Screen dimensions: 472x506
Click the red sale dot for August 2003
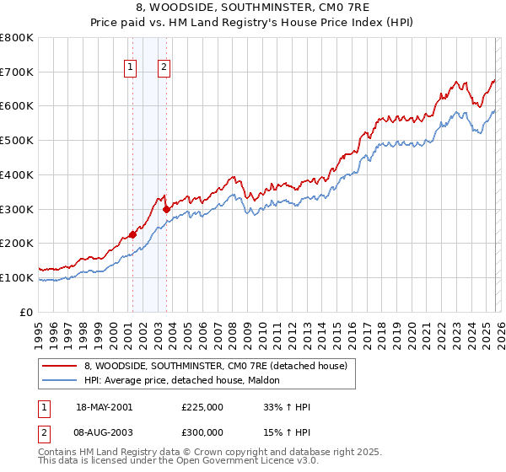tap(166, 209)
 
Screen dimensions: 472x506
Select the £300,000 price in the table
tap(202, 431)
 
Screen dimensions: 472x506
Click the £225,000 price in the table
tap(202, 407)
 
